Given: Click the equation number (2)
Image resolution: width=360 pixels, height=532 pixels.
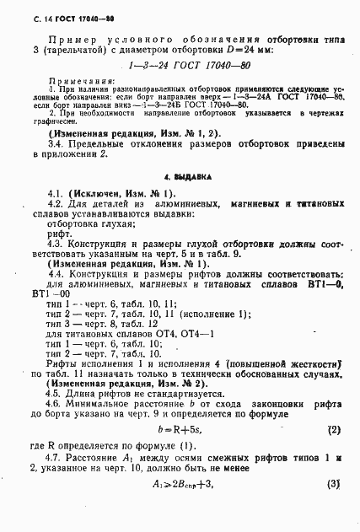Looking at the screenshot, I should [333, 429].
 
